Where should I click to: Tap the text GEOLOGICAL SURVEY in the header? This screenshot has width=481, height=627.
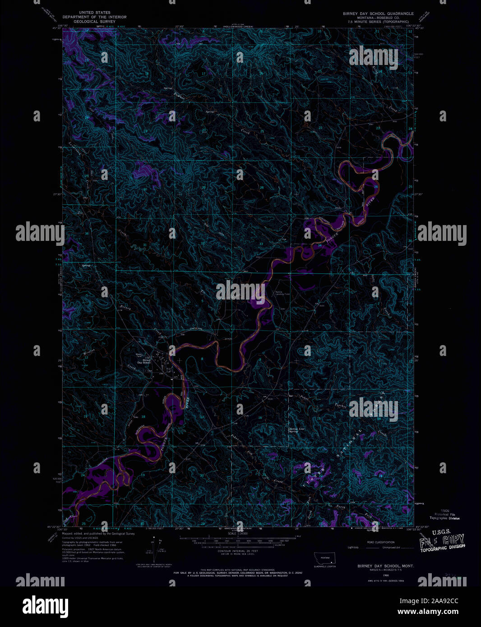(94, 21)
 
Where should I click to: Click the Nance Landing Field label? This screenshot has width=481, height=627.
(282, 293)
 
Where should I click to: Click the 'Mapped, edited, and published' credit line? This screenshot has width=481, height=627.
(98, 533)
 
